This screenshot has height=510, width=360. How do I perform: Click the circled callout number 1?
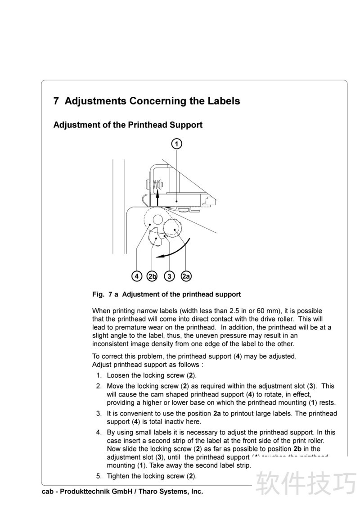pyautogui.click(x=177, y=144)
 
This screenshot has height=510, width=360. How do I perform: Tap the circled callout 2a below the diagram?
pyautogui.click(x=186, y=276)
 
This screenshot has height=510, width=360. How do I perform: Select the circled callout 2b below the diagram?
pyautogui.click(x=152, y=276)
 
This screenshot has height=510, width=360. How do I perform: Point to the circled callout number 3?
pyautogui.click(x=169, y=276)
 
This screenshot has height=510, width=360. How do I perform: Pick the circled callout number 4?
pyautogui.click(x=137, y=276)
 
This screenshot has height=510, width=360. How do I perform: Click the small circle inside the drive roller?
pyautogui.click(x=157, y=219)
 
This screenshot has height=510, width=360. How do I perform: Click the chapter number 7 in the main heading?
pyautogui.click(x=56, y=101)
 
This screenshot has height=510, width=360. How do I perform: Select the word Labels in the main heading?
pyautogui.click(x=224, y=101)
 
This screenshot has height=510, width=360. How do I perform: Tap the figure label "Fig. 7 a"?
pyautogui.click(x=105, y=294)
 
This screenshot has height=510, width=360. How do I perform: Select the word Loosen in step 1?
pyautogui.click(x=118, y=375)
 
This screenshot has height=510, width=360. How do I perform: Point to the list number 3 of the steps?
pyautogui.click(x=99, y=414)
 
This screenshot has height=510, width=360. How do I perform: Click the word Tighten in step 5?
pyautogui.click(x=118, y=476)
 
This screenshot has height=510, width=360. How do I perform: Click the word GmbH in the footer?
pyautogui.click(x=121, y=492)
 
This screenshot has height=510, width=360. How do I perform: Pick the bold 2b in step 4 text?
pyautogui.click(x=297, y=449)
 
